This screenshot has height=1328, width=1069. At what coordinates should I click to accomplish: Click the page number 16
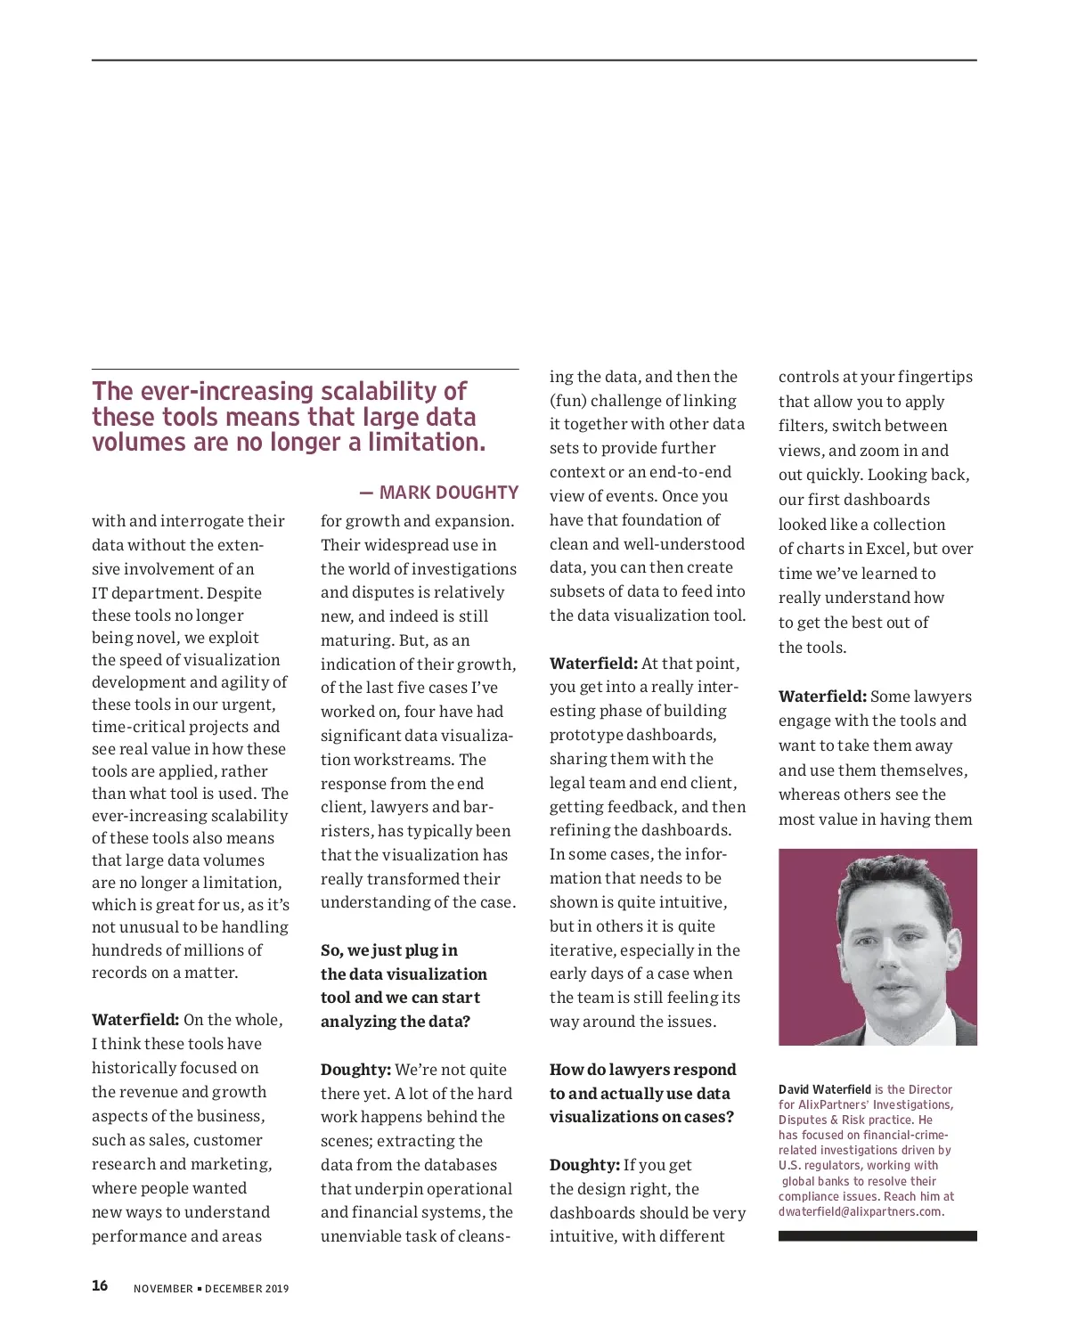[100, 1285]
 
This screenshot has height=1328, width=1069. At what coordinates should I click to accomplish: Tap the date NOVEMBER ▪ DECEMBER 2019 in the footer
[211, 1289]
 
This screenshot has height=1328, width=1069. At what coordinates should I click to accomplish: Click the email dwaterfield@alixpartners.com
[861, 1211]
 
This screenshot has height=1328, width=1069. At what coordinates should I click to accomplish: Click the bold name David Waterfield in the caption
[824, 1089]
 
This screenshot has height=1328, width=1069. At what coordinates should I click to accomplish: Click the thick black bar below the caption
[877, 1236]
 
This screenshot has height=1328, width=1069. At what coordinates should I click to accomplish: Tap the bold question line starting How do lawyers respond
[642, 1070]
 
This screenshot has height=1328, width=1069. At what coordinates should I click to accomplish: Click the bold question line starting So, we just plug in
[389, 950]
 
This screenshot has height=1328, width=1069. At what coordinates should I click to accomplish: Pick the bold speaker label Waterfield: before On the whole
[135, 1020]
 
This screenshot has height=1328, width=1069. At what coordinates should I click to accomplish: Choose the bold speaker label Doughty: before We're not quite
[355, 1070]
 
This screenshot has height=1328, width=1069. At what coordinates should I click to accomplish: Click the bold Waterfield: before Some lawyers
[822, 697]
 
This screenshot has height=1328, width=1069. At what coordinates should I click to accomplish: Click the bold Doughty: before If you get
[584, 1165]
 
